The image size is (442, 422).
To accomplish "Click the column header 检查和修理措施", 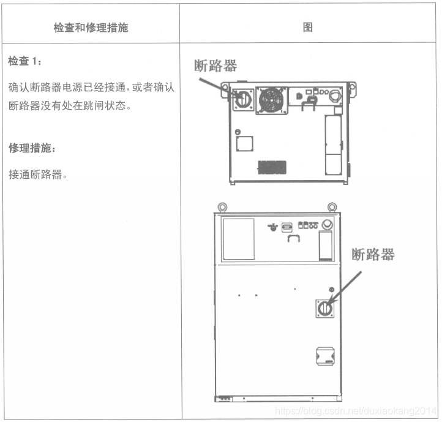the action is [91, 28].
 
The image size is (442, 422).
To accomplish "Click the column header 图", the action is [309, 28].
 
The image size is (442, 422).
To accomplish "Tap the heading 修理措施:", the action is [30, 148].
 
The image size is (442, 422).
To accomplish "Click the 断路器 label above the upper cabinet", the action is [215, 66].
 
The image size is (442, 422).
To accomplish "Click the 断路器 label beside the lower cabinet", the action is [372, 254].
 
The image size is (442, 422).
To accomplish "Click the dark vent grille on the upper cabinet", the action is [271, 167].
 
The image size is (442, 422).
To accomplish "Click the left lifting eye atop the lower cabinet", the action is [222, 207].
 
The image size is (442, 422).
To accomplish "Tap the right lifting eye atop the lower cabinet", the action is [332, 207].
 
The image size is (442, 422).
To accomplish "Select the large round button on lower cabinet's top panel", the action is [327, 225].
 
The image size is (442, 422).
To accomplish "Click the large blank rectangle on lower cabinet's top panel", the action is [238, 238].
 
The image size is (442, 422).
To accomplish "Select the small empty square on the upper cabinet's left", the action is [244, 144].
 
